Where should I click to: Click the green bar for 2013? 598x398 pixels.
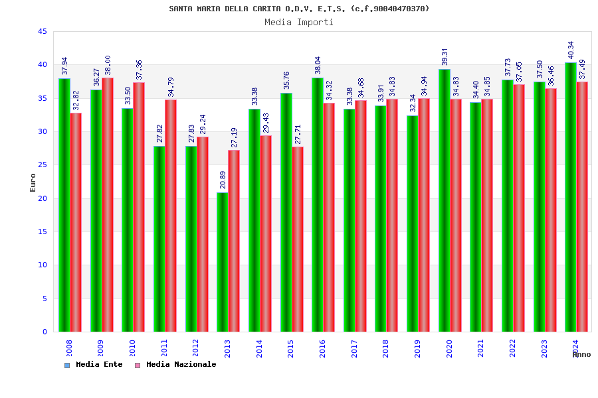click(223, 262)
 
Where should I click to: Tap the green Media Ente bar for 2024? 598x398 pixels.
click(571, 197)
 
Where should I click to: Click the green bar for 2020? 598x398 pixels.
click(445, 200)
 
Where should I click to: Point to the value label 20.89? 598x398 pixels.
click(223, 180)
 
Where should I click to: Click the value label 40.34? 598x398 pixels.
click(571, 50)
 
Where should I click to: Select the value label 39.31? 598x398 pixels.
click(445, 56)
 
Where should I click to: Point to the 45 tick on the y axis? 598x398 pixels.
click(43, 32)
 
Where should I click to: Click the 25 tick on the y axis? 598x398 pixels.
click(43, 165)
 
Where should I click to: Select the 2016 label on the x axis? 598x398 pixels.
click(322, 349)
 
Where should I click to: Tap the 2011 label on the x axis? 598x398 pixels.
click(164, 349)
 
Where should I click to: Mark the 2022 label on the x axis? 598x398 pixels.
click(512, 349)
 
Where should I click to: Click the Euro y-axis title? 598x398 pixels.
click(33, 182)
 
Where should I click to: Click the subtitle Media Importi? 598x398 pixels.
click(299, 22)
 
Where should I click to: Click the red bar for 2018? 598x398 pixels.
click(392, 215)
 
